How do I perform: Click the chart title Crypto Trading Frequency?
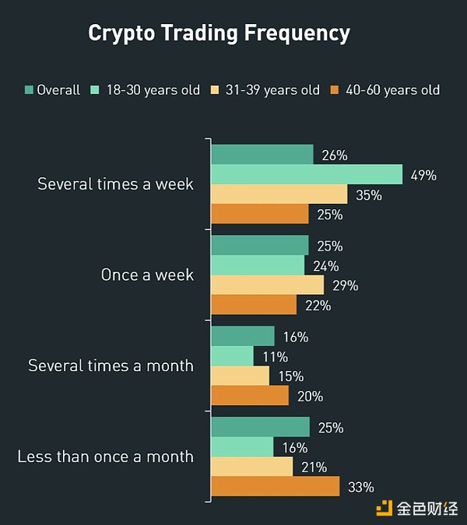coord(219,33)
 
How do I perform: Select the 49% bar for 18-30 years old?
coord(307,174)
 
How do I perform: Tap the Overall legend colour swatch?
coord(29,90)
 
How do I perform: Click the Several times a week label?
coord(115,184)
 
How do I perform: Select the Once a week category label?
coord(147,275)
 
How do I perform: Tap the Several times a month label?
coord(111,365)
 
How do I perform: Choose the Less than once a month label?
coord(105,456)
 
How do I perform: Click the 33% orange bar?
coord(276,486)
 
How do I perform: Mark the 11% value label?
coord(276,357)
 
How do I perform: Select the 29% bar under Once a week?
coord(267,285)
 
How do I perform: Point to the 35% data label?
coord(369,195)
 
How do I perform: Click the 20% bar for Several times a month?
coord(250,395)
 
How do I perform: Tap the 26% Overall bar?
coord(262,154)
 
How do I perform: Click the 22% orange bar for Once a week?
coord(254,304)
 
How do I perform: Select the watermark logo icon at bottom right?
coord(384,508)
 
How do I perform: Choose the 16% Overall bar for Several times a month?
coord(243,336)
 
